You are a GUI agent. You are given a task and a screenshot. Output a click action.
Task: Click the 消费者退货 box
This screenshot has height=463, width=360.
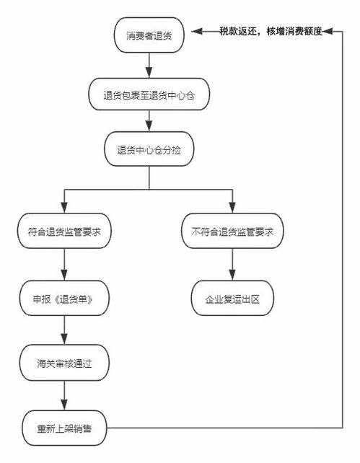[149, 34]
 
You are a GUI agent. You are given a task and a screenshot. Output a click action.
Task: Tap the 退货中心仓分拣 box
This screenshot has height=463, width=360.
[149, 150]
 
